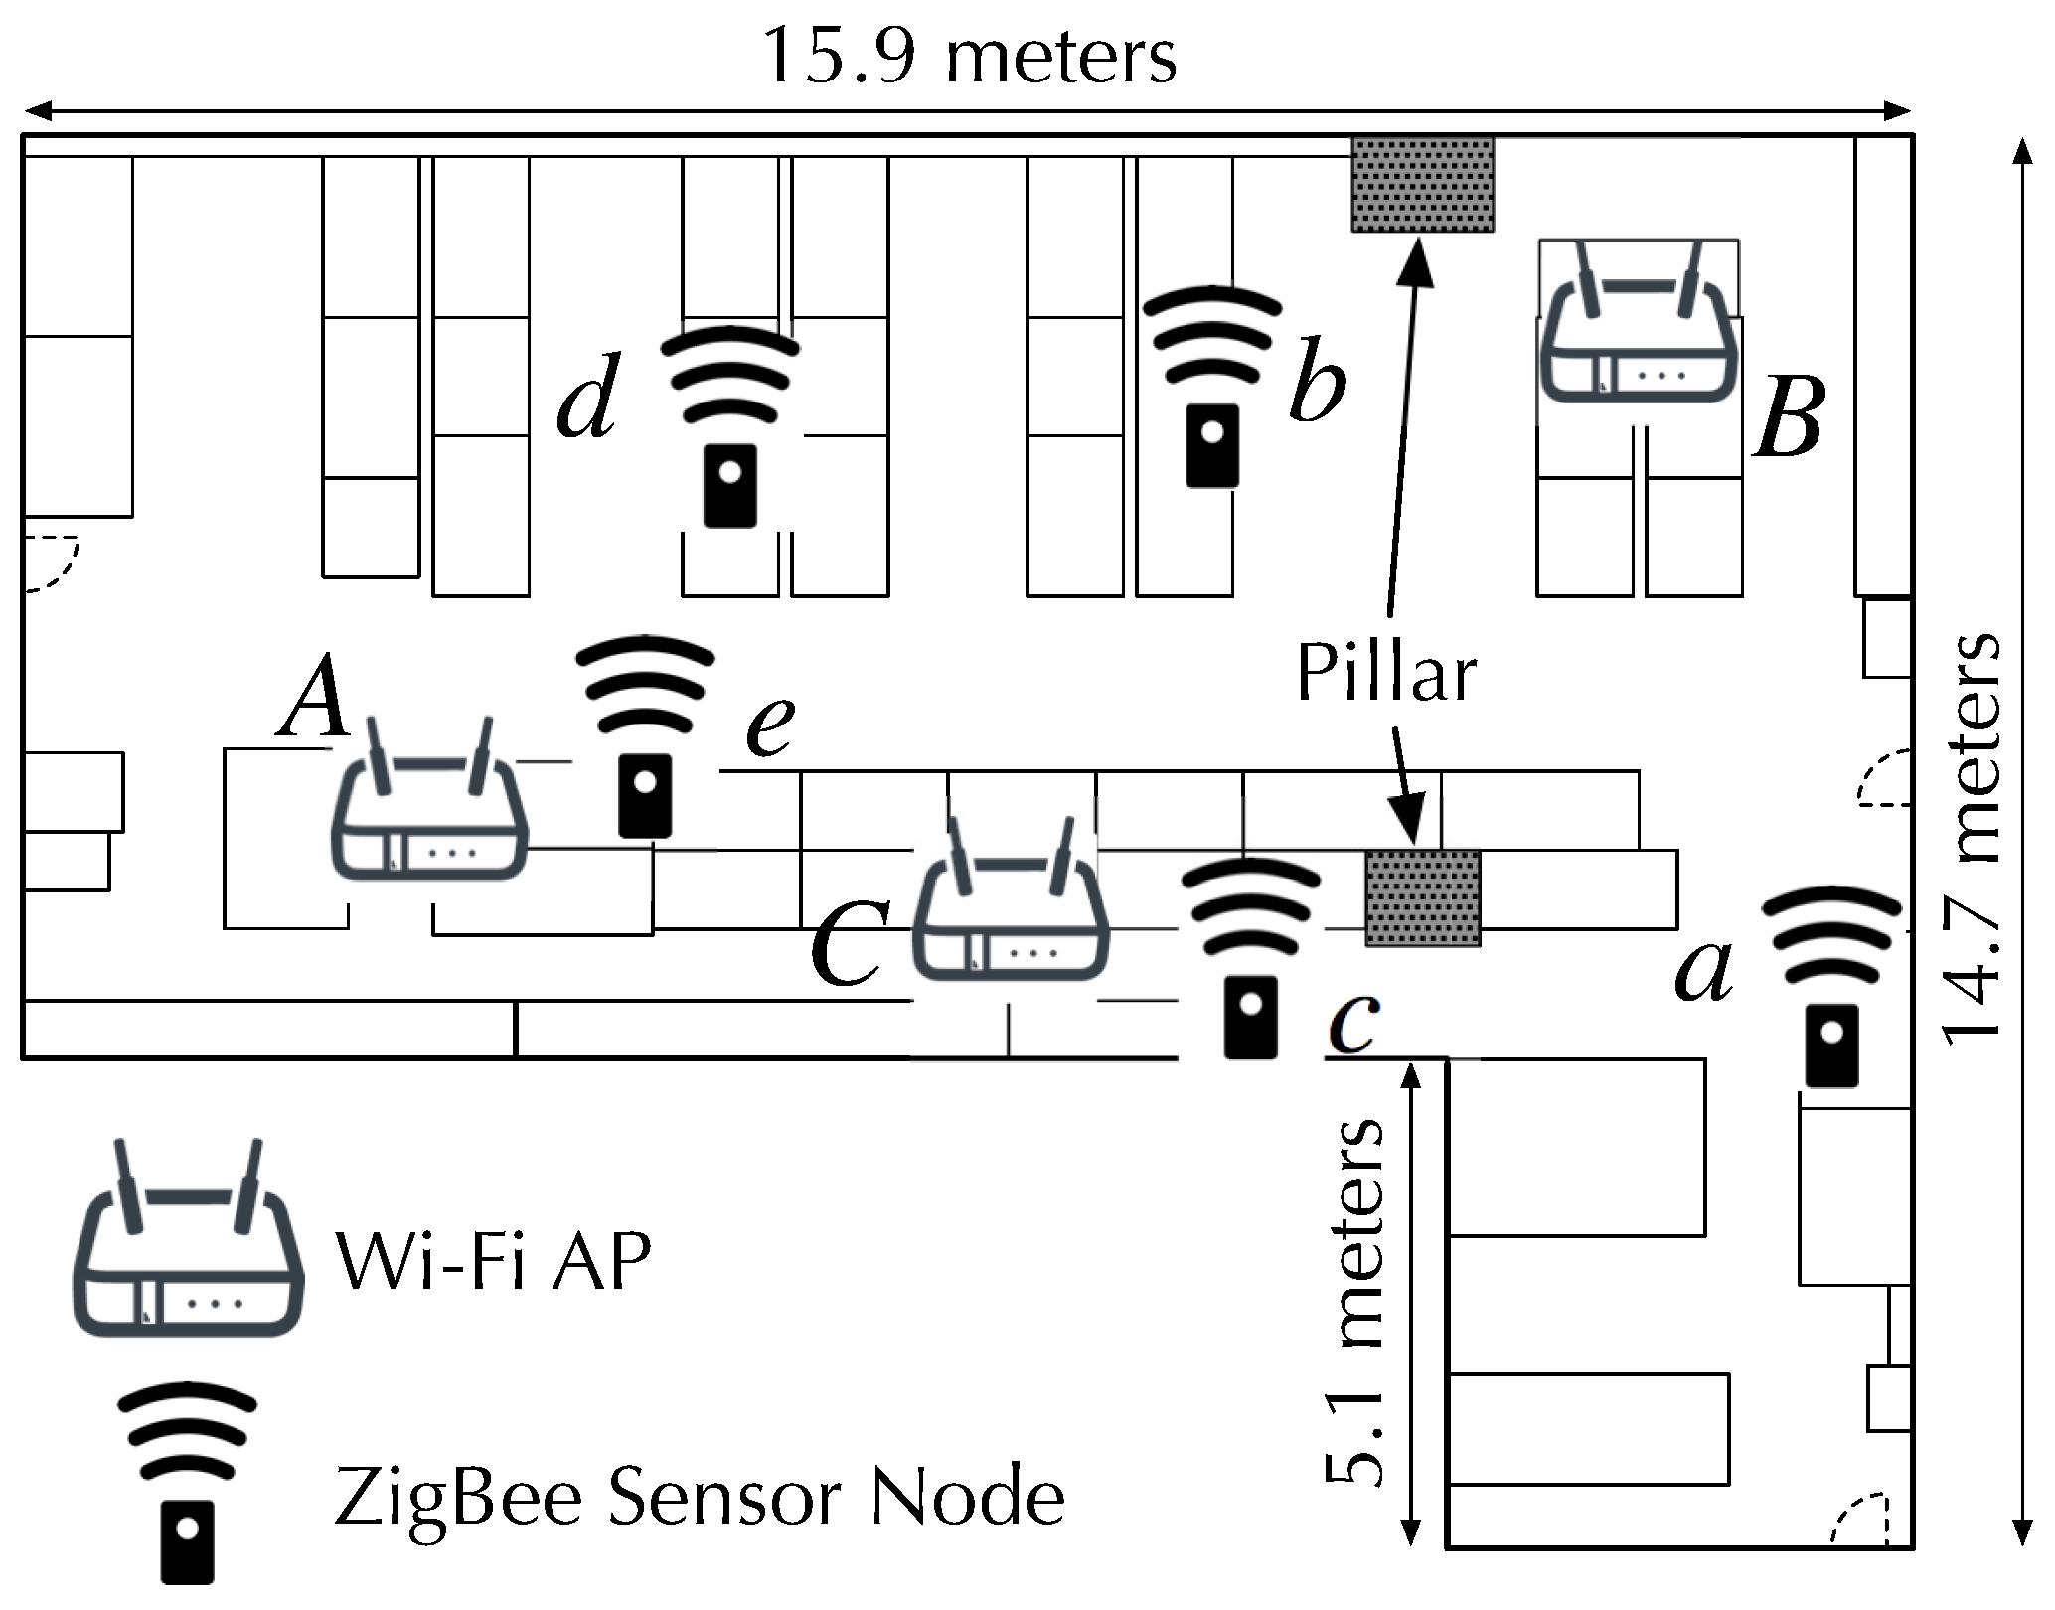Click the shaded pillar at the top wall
point(1422,185)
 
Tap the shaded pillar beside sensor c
point(1423,897)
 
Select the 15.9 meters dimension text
point(969,58)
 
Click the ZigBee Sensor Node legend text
point(699,1499)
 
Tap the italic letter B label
point(1789,419)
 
